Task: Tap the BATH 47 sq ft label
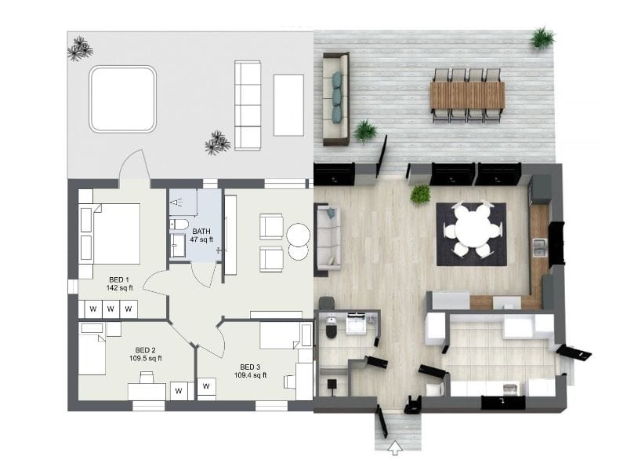click(x=201, y=235)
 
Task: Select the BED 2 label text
click(x=147, y=354)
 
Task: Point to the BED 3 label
click(x=250, y=371)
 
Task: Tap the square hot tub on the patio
click(x=122, y=99)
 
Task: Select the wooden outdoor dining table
click(x=467, y=96)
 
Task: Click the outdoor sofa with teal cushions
click(x=336, y=98)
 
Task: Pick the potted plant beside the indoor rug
click(x=421, y=193)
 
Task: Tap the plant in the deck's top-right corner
click(x=542, y=37)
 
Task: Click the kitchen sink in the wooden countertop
click(x=539, y=248)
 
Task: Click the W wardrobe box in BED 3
click(x=208, y=386)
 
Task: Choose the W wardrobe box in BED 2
click(x=179, y=390)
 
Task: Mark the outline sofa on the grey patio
click(x=248, y=105)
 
